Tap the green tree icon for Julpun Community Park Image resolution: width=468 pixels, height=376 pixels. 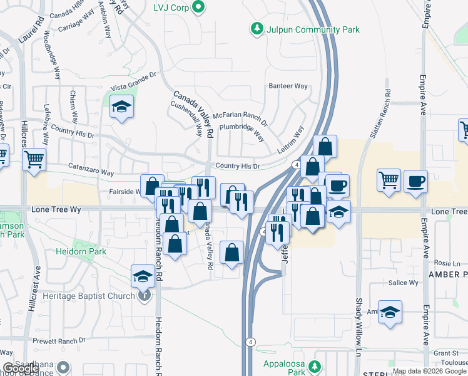256,28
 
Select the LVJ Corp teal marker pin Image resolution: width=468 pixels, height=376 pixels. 199,8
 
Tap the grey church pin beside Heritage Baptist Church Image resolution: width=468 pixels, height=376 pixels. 145,296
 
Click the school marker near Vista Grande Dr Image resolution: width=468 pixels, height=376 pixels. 121,107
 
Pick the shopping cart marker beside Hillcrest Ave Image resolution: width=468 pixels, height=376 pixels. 34,159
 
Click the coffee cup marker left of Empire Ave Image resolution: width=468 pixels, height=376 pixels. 415,182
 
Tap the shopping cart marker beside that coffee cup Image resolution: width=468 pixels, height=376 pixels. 389,180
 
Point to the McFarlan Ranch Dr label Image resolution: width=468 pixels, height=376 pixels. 240,115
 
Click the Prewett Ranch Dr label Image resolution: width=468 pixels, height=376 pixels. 60,340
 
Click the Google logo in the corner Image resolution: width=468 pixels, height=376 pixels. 20,368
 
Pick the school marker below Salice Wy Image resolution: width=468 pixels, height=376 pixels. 390,312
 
